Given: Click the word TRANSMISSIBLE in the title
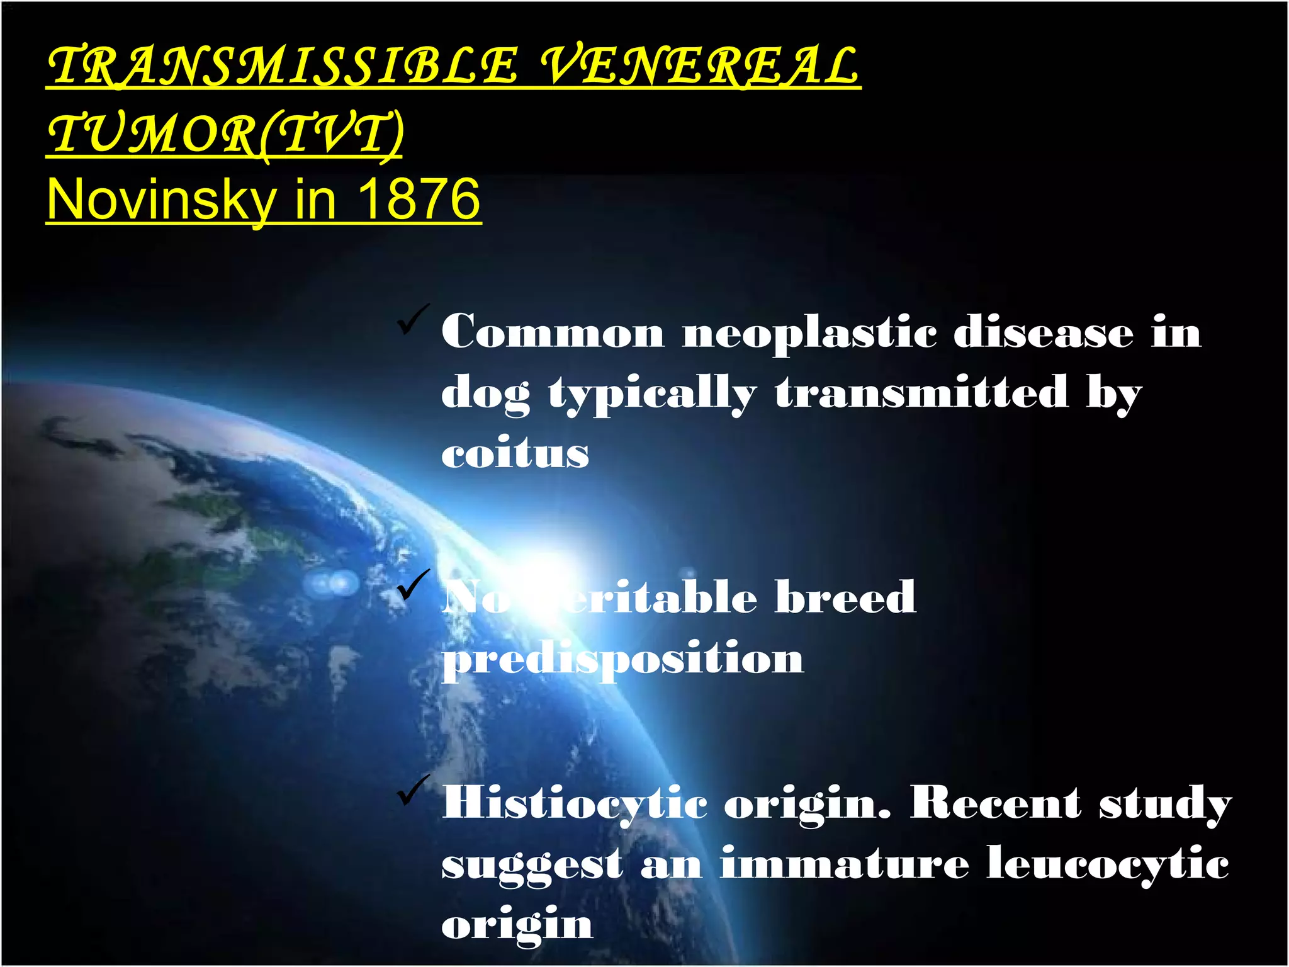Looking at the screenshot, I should point(283,65).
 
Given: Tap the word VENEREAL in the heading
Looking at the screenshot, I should point(699,65).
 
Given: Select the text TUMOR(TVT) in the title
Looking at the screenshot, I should point(225,133).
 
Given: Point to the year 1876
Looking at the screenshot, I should point(419,200).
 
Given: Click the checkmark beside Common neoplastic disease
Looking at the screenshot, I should point(413,320).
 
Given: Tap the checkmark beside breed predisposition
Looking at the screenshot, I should point(413,585).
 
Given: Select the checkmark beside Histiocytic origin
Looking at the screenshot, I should point(413,790).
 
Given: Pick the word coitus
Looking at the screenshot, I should point(515,453).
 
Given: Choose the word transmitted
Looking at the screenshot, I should point(921,393).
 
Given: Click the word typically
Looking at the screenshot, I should point(652,394).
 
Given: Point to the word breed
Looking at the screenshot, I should point(845,597).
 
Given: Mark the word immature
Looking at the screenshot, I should point(845,864).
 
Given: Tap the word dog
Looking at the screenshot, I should point(485,394).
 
